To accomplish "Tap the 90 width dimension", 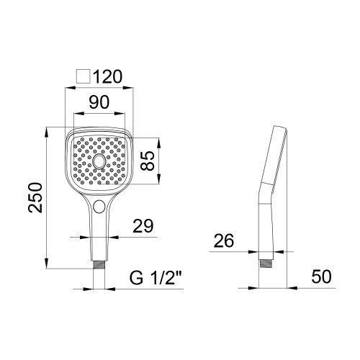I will tap(99, 102).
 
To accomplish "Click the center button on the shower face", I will tap(99, 164).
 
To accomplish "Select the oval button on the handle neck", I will tap(99, 210).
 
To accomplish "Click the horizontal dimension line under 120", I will tap(99, 89).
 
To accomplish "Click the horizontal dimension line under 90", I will tap(99, 115).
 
